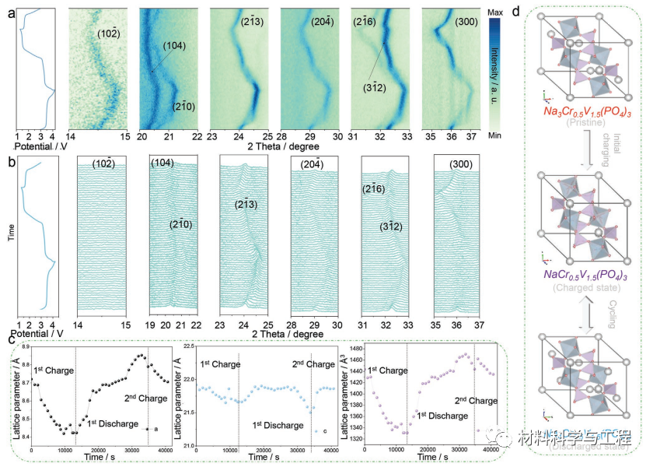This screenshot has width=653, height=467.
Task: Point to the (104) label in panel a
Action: click(x=175, y=47)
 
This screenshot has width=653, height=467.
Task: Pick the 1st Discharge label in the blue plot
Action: click(x=278, y=425)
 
